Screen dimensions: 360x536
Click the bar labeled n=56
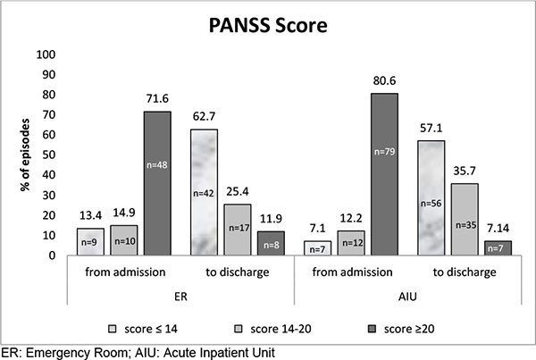(x=431, y=197)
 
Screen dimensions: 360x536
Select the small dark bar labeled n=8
(x=272, y=243)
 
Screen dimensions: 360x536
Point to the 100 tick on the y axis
(x=45, y=54)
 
